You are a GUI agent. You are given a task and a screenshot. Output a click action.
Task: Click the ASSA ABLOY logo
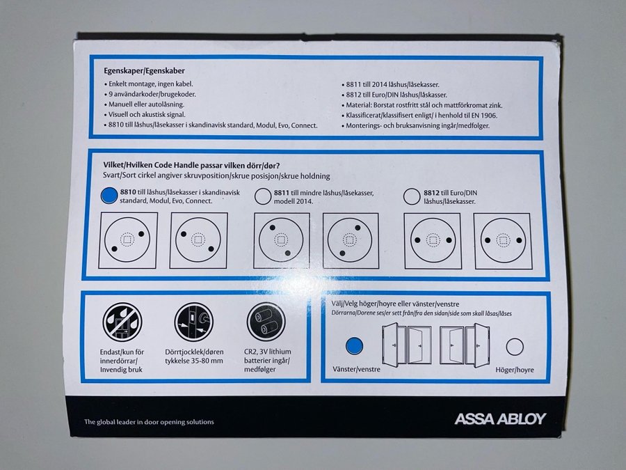[500, 419]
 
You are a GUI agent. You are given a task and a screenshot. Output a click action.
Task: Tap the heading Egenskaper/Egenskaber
[144, 71]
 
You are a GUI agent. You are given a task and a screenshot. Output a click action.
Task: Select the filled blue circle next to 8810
[109, 196]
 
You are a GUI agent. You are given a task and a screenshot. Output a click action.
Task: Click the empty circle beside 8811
[263, 196]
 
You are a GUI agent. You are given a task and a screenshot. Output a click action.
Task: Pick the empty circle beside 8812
[412, 196]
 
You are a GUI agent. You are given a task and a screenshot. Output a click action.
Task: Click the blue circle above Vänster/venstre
[354, 346]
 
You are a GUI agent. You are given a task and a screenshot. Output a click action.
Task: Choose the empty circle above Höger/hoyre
[515, 347]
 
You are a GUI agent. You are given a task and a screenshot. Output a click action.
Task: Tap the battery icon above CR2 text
[266, 322]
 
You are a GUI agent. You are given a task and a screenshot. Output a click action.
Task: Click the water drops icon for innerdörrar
[122, 322]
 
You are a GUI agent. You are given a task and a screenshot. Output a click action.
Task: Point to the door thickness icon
[194, 322]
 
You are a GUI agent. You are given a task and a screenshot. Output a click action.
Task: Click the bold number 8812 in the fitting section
[431, 193]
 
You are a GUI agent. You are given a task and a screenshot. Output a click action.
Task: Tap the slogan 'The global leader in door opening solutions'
[149, 422]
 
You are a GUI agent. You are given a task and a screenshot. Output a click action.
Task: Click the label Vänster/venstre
[356, 369]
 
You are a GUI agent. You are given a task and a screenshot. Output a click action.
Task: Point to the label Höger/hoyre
[515, 370]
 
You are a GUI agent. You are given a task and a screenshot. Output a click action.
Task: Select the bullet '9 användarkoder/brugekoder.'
[152, 94]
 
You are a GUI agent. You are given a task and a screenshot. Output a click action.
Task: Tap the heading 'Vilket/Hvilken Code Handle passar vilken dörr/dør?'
[191, 166]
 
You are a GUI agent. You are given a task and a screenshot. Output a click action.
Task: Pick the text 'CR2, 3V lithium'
[268, 352]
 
